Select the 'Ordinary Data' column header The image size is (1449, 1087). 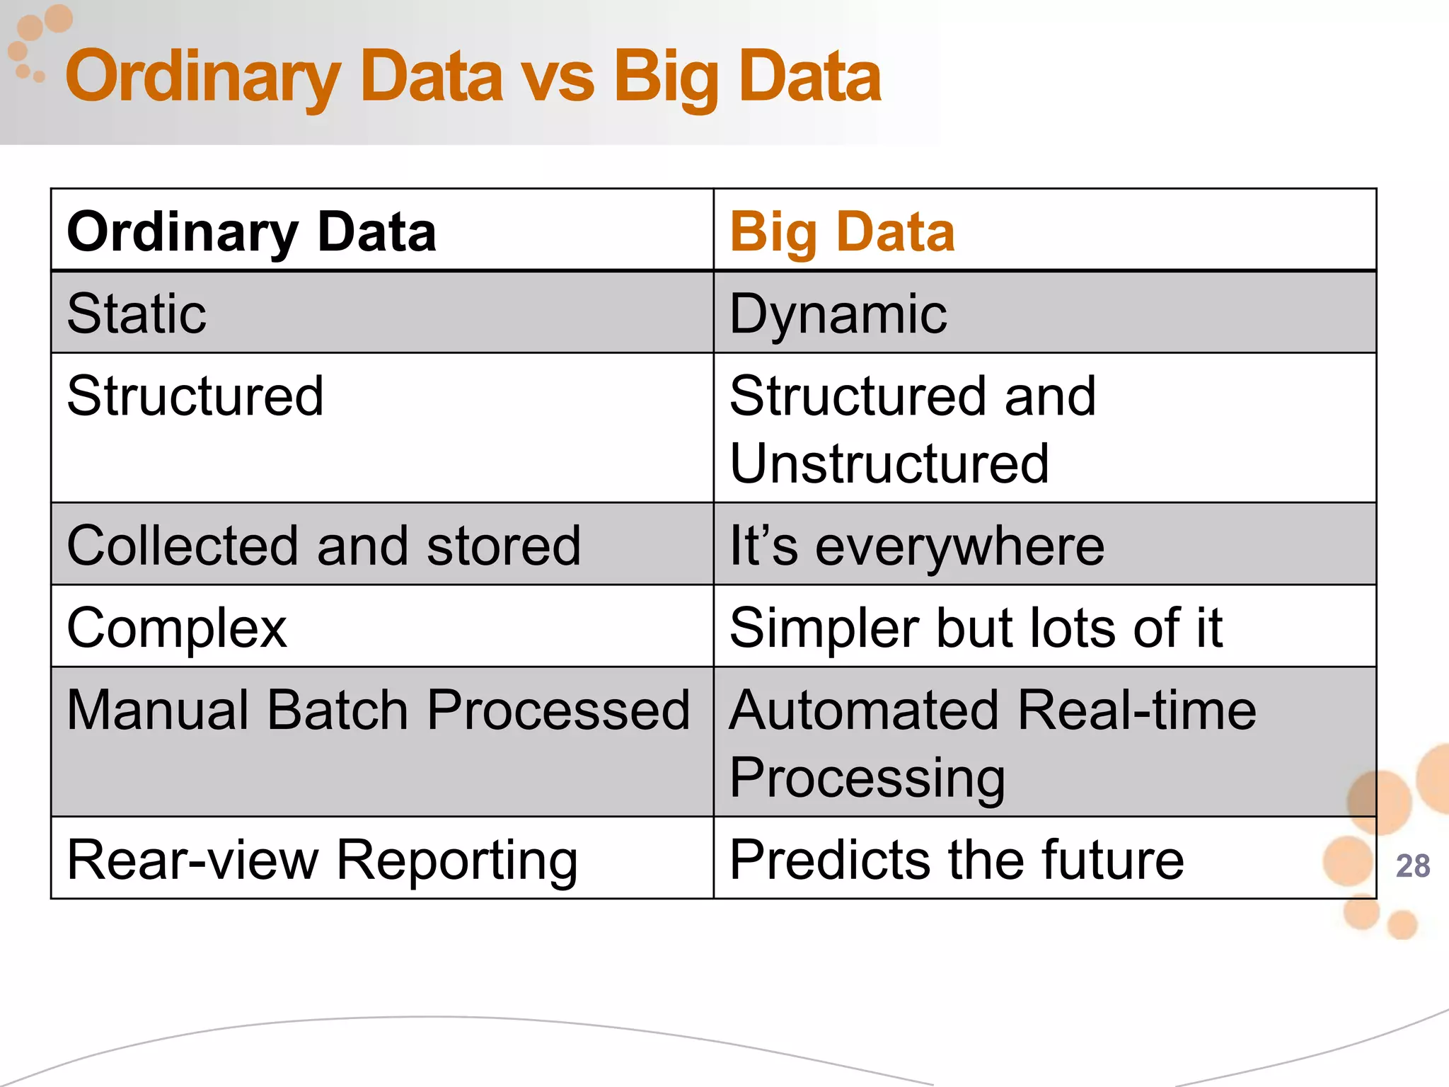251,231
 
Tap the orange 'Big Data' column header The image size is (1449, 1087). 842,231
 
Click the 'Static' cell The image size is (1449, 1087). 137,314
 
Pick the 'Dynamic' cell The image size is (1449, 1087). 838,314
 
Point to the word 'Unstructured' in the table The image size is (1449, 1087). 889,464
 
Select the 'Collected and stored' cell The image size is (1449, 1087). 323,546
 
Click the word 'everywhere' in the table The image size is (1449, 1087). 959,547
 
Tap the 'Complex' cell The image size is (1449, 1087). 177,628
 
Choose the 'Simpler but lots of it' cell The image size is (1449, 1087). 976,628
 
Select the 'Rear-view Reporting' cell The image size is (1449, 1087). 322,861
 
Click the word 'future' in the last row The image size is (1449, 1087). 1113,859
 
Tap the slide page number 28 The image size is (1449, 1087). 1412,866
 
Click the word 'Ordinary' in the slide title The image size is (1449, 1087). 203,78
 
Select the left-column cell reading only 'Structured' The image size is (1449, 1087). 195,396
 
